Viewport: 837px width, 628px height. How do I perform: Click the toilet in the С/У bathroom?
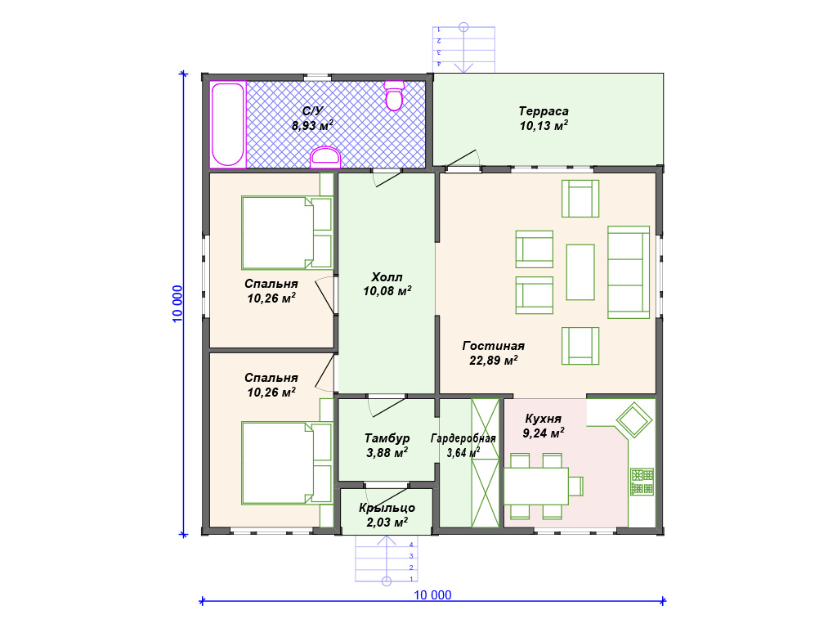[x=394, y=96]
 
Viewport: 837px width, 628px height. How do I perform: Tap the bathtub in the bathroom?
[x=228, y=124]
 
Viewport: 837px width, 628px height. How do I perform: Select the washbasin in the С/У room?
[x=325, y=157]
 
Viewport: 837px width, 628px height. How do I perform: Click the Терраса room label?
[x=544, y=111]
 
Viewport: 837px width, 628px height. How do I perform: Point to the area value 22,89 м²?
[x=493, y=361]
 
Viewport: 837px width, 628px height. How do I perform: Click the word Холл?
[x=387, y=276]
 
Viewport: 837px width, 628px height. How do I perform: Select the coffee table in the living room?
[x=580, y=272]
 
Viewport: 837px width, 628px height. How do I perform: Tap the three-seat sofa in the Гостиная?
[x=629, y=271]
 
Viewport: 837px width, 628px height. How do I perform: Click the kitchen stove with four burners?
[x=642, y=482]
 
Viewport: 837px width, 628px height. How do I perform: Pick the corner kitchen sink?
[x=634, y=419]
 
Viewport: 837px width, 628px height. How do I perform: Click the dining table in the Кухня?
[x=536, y=486]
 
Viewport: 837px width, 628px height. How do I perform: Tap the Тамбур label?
[x=387, y=438]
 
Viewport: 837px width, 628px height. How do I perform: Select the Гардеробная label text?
[x=463, y=438]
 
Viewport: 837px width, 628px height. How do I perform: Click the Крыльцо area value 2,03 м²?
[x=387, y=523]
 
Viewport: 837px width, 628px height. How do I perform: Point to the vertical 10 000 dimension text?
[x=177, y=304]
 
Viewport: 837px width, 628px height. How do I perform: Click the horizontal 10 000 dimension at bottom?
[x=432, y=595]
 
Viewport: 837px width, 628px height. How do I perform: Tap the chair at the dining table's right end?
[x=575, y=486]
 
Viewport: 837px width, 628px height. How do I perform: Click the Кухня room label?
[x=544, y=419]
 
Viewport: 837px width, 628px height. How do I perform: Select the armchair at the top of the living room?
[x=580, y=199]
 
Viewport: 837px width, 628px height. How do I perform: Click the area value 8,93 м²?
[x=313, y=126]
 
